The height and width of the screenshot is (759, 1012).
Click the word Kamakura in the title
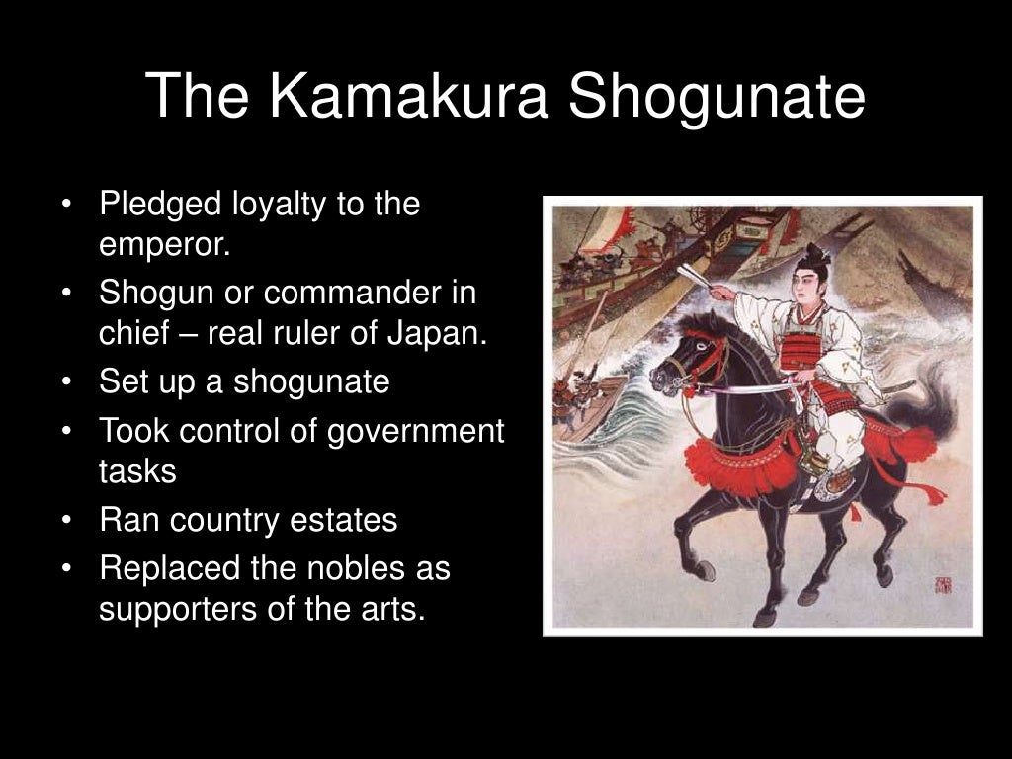coord(407,96)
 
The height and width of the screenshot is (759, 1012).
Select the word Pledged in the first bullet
coord(160,206)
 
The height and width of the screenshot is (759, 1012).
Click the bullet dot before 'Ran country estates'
coord(65,520)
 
